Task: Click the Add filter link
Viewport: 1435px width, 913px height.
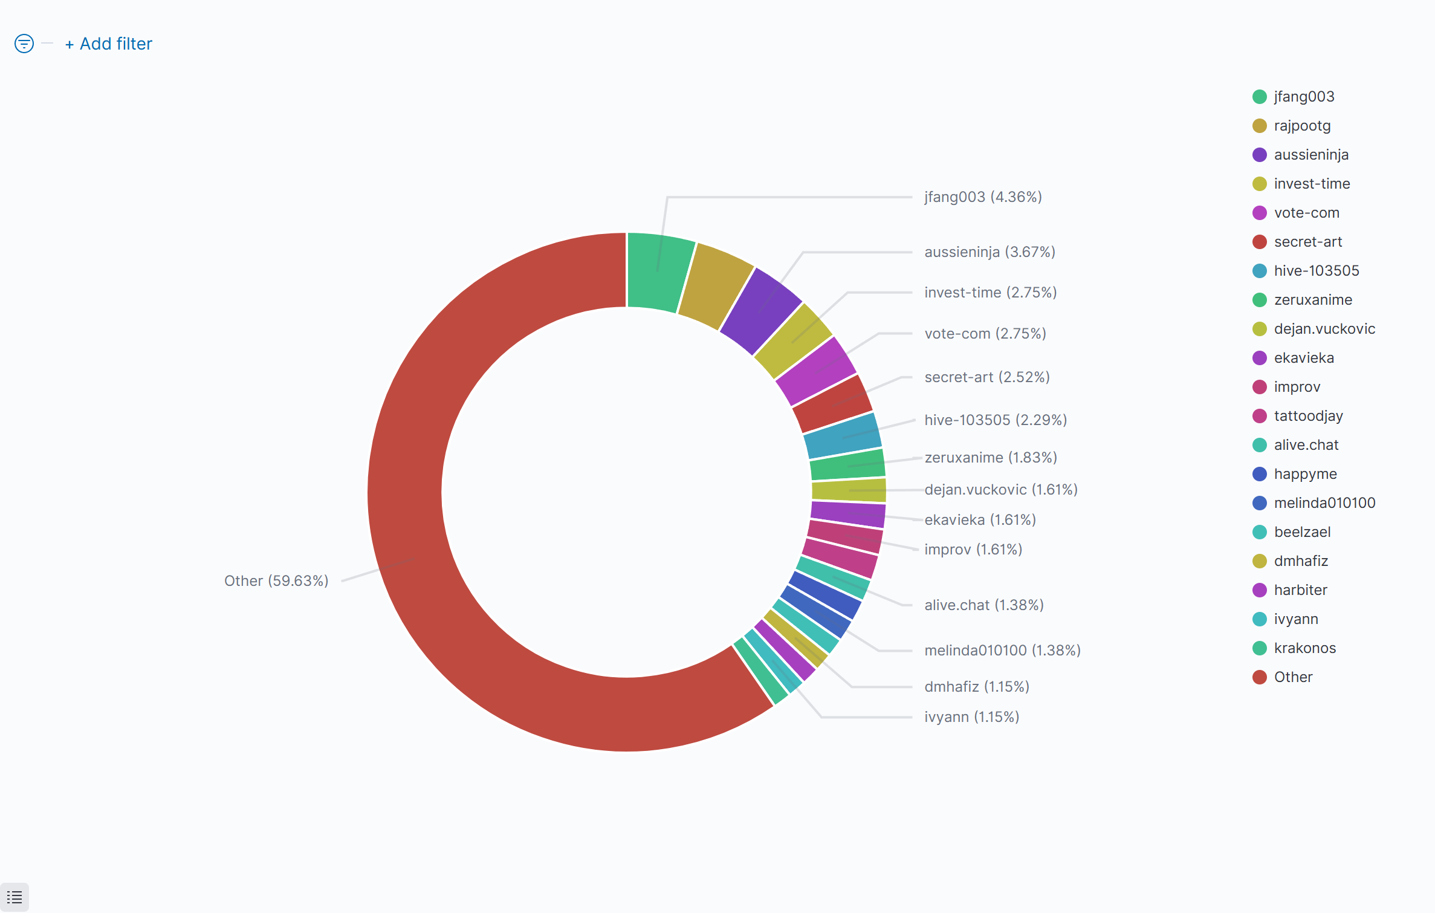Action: [x=109, y=44]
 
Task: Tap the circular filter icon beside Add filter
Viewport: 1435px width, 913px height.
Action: [x=24, y=44]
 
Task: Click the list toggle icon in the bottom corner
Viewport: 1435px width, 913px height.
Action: [x=15, y=897]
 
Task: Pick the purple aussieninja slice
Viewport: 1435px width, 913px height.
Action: [x=760, y=310]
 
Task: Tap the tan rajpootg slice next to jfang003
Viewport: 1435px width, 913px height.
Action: [x=716, y=284]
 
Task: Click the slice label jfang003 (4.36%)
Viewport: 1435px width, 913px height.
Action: [x=983, y=197]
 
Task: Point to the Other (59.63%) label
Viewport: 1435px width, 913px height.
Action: [x=276, y=581]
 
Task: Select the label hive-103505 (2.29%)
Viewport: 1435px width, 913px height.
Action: [x=996, y=420]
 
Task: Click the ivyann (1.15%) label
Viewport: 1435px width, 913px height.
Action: [x=971, y=717]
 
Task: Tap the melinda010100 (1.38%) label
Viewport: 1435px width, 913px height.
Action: [x=1002, y=651]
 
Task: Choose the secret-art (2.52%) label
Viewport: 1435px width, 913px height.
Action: [x=986, y=377]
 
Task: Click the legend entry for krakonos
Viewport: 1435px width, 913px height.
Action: [x=1304, y=648]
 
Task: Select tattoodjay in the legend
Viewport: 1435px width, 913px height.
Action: [x=1308, y=416]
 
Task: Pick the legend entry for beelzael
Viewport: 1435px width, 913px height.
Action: [x=1302, y=532]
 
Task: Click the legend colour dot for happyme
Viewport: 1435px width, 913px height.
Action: [x=1260, y=474]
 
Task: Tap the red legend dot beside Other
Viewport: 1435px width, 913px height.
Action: [x=1260, y=677]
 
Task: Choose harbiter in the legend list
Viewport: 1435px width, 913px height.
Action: [x=1300, y=590]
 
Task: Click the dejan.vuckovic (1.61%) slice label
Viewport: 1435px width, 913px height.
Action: [x=1001, y=490]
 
